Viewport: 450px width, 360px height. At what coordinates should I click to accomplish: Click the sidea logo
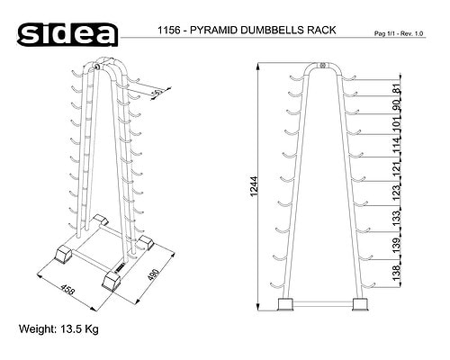pos(67,35)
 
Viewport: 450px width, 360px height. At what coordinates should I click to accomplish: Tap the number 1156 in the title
pos(168,30)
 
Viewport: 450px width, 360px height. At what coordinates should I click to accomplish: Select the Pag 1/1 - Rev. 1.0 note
pos(399,33)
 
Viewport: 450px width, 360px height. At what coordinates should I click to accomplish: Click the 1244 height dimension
pos(254,186)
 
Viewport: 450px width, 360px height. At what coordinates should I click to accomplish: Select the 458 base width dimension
pos(67,290)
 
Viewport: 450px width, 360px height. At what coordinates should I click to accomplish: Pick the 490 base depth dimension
pos(153,274)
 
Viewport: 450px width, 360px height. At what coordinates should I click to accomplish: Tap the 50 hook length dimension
pos(157,94)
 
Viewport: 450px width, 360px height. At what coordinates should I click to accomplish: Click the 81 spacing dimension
pos(396,88)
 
